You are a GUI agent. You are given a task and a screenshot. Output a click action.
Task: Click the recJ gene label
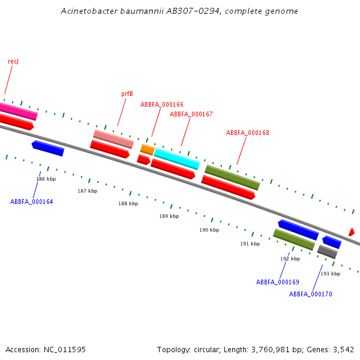(x=13, y=62)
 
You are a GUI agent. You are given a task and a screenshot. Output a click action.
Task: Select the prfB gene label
(x=127, y=94)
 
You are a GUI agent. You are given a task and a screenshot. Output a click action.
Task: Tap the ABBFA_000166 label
(x=162, y=104)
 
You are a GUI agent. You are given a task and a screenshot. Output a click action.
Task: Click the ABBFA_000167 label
(x=191, y=114)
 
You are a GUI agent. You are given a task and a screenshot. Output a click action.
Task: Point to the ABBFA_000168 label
(x=248, y=133)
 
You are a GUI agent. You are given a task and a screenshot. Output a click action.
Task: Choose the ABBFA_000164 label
(x=32, y=202)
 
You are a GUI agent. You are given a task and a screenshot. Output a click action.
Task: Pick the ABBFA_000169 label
(x=278, y=282)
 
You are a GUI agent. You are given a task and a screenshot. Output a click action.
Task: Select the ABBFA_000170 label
(x=311, y=294)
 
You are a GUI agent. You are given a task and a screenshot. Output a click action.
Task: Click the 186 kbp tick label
(x=46, y=179)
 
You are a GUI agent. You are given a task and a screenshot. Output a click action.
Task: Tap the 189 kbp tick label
(x=169, y=216)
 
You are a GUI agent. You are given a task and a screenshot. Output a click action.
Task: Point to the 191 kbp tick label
(x=250, y=244)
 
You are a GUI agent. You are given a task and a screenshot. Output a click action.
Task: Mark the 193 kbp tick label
(x=330, y=274)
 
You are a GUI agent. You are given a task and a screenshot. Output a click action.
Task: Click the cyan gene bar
(x=177, y=159)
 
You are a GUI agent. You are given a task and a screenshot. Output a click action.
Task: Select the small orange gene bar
(x=148, y=149)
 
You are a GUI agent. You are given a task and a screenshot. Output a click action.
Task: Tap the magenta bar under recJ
(x=18, y=110)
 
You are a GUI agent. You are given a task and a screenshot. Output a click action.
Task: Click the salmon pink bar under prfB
(x=113, y=139)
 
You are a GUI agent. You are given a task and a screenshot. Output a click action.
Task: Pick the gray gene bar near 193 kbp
(x=327, y=252)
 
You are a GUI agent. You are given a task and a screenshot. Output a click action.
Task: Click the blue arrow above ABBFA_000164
(x=48, y=148)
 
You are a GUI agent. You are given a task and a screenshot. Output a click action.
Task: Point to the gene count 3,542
(x=343, y=349)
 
